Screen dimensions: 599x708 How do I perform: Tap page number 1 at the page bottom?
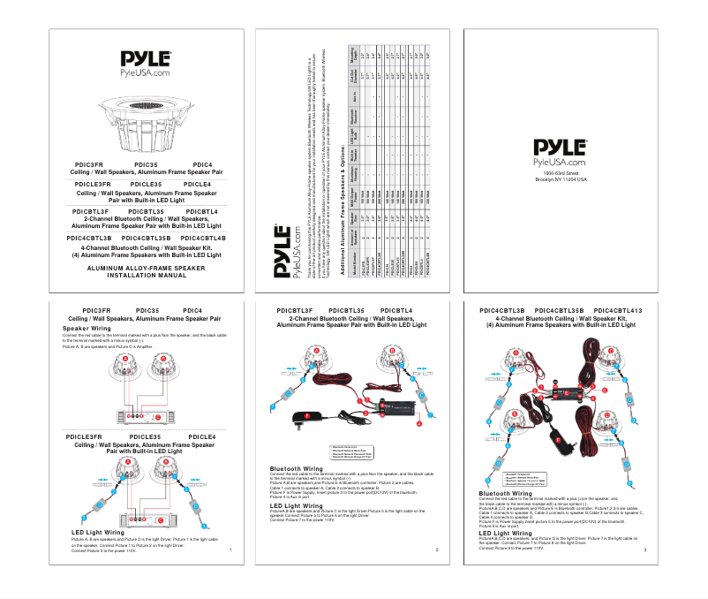pyautogui.click(x=230, y=550)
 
